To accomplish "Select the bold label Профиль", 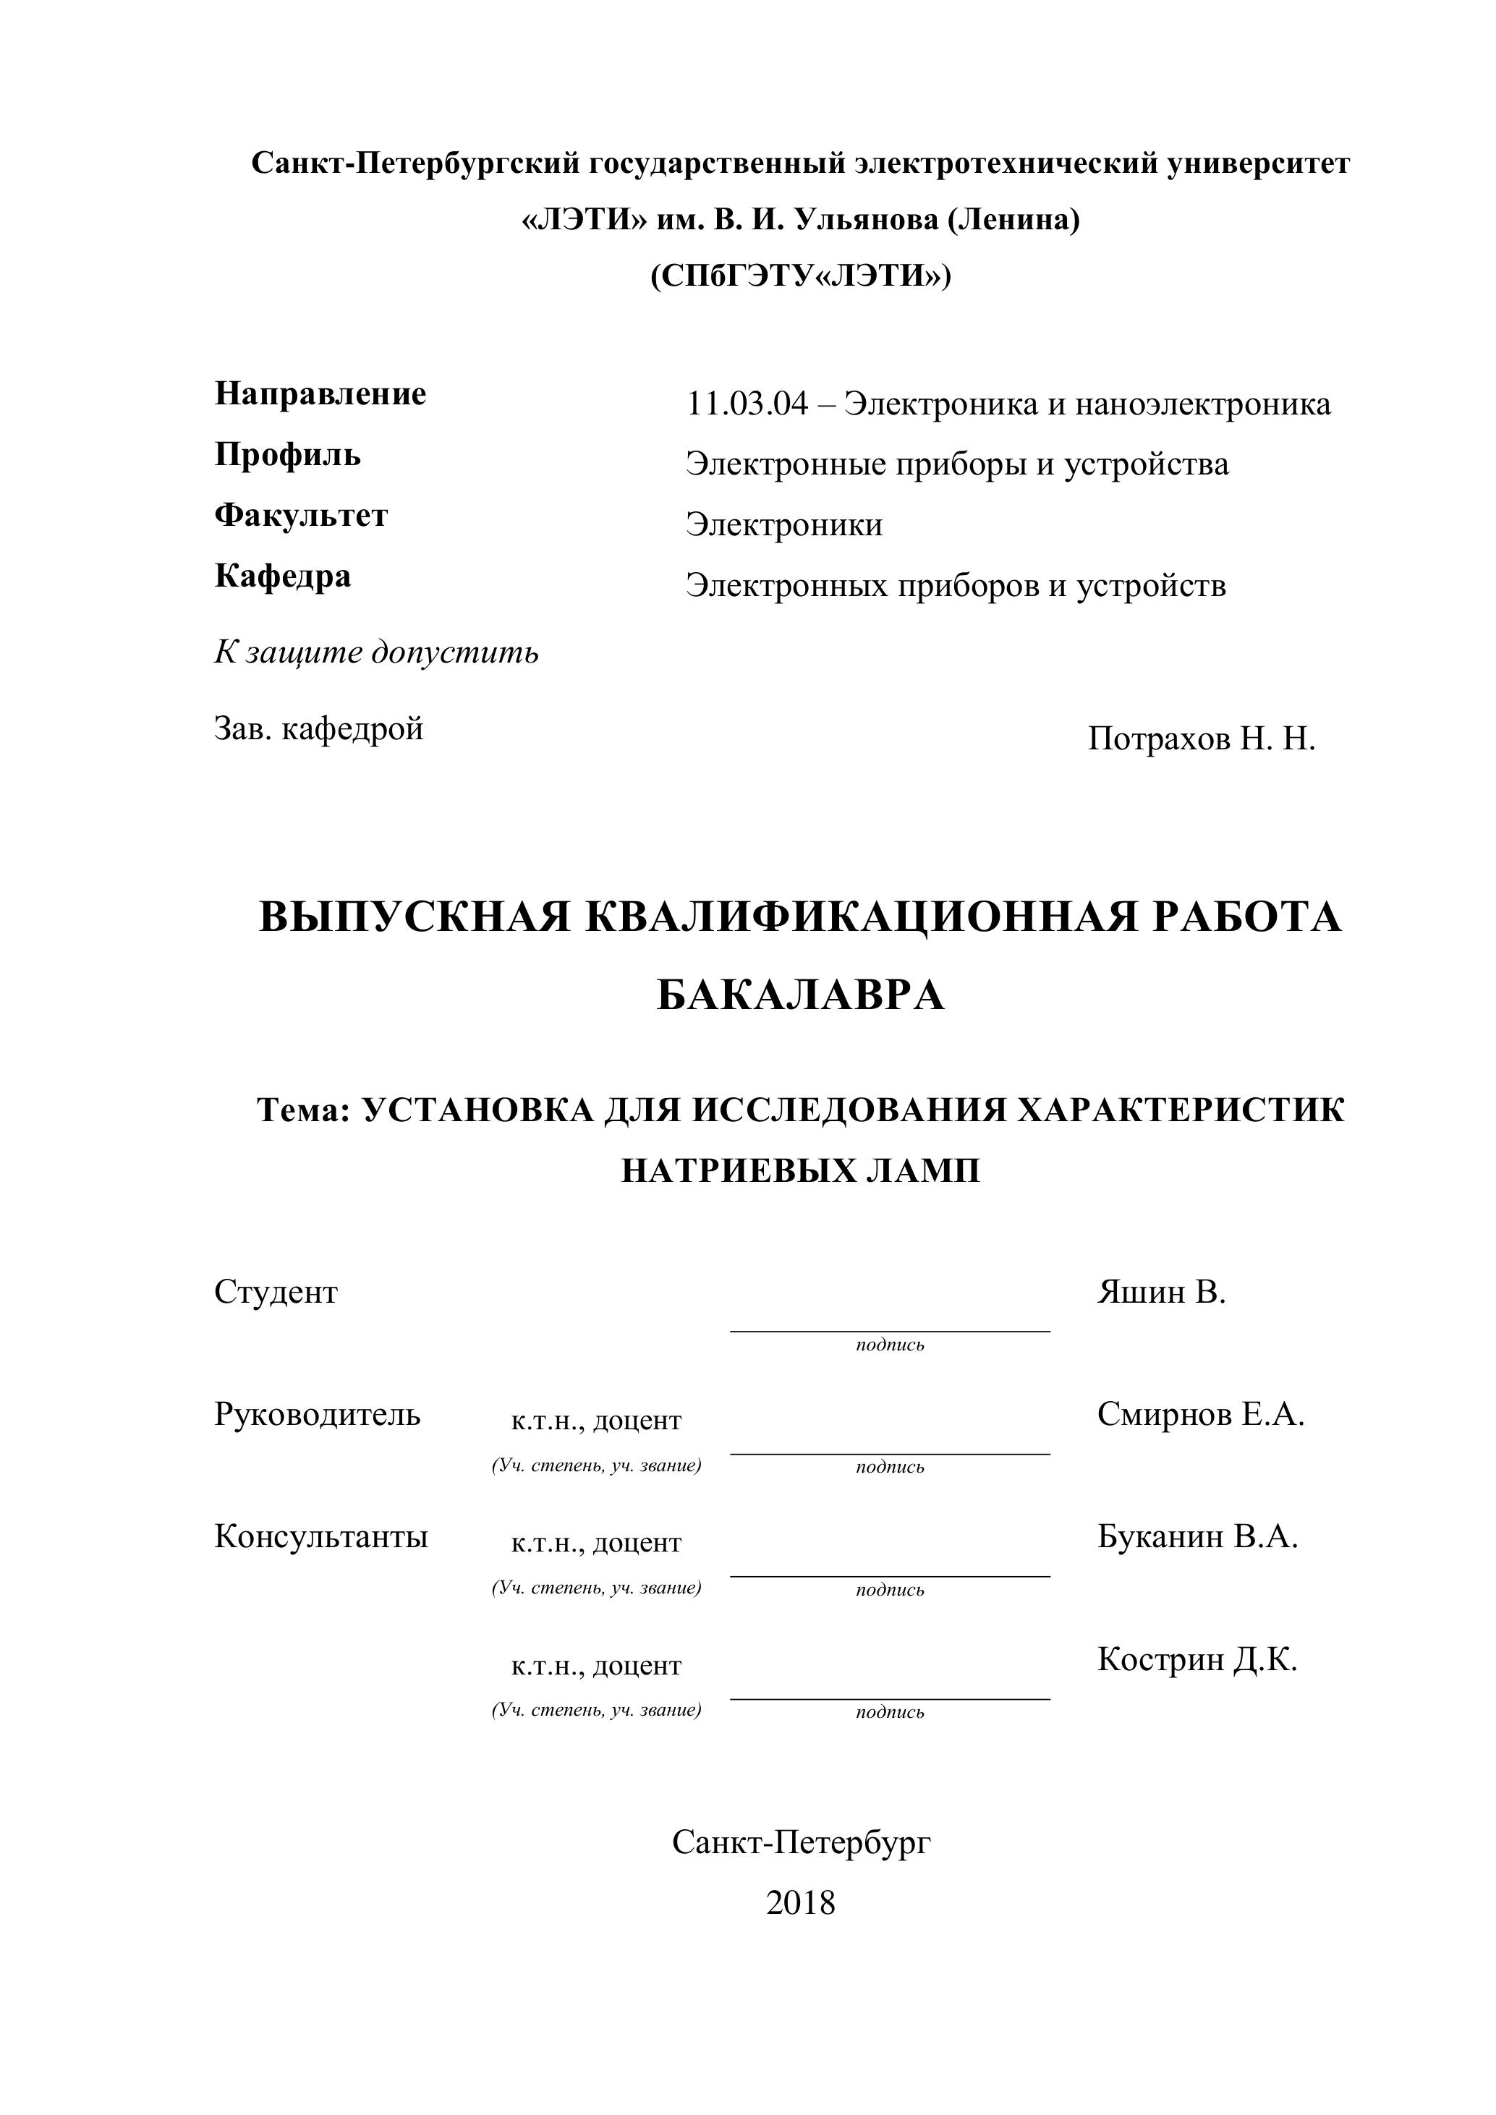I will pyautogui.click(x=287, y=455).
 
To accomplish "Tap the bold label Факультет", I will pyautogui.click(x=301, y=516).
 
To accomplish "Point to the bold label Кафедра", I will pyautogui.click(x=283, y=576).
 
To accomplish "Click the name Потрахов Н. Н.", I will pyautogui.click(x=1202, y=739).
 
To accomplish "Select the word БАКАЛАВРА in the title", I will pyautogui.click(x=801, y=996).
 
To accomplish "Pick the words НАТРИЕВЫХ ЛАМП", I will pyautogui.click(x=801, y=1171).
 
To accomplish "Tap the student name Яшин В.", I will pyautogui.click(x=1162, y=1293).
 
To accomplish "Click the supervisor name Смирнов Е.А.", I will pyautogui.click(x=1200, y=1415).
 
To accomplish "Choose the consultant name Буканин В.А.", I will pyautogui.click(x=1197, y=1536).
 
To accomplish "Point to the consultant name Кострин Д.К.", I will pyautogui.click(x=1197, y=1660).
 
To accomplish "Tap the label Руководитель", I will pyautogui.click(x=317, y=1415).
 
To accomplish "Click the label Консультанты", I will pyautogui.click(x=320, y=1536).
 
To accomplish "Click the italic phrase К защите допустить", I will pyautogui.click(x=376, y=653).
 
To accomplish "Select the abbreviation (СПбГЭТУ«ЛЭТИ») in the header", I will pyautogui.click(x=801, y=276).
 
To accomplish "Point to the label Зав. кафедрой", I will pyautogui.click(x=319, y=728).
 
